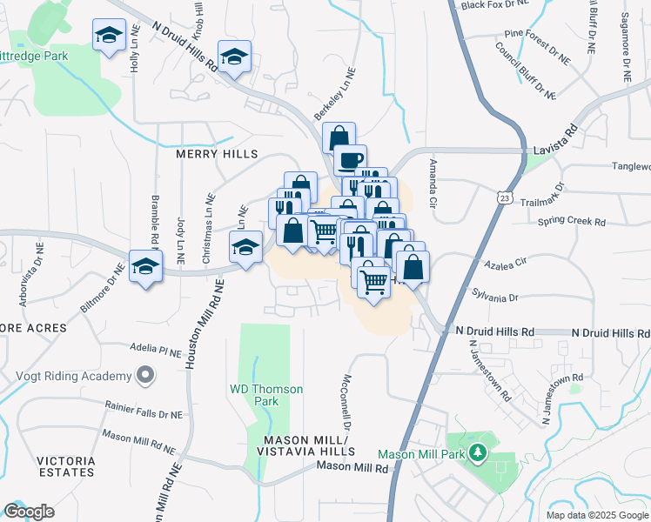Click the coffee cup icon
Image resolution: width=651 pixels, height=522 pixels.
coord(350,160)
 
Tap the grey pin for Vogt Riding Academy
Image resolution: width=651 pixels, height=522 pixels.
coord(145,377)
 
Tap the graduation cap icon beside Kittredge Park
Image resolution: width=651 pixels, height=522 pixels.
coord(109,36)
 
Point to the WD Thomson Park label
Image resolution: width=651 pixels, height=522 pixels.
coord(266,395)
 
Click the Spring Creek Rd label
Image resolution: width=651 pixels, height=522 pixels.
coord(571,222)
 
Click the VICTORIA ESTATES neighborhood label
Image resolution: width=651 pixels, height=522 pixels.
coord(64,465)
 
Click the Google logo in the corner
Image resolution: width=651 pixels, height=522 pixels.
coord(29,512)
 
